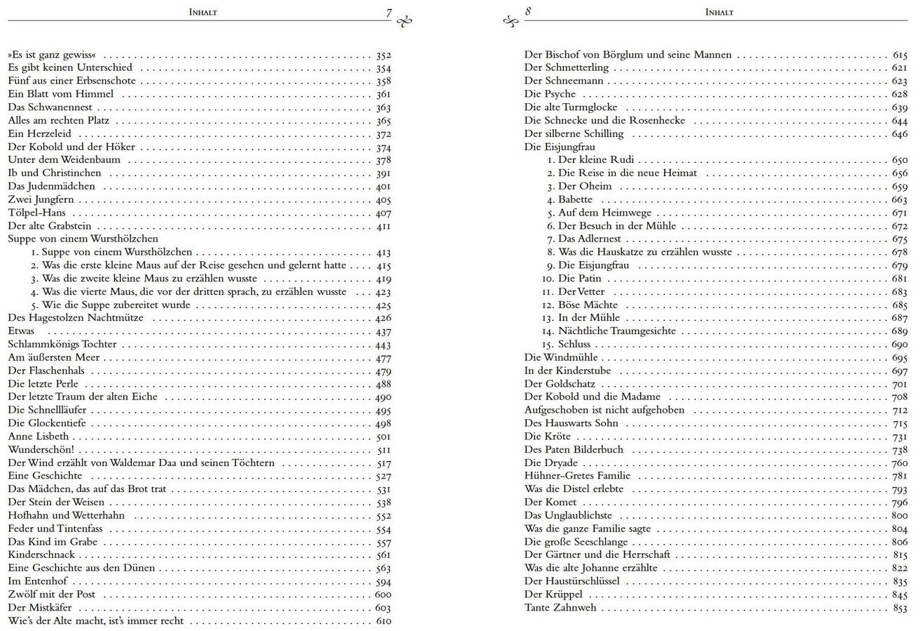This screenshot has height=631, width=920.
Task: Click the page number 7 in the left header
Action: tap(388, 13)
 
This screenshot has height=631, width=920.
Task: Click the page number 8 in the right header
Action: tap(528, 12)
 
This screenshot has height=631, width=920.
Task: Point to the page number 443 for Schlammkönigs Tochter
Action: tap(383, 345)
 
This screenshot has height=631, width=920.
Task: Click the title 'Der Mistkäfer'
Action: tap(39, 607)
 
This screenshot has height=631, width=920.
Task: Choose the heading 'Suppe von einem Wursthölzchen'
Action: tap(82, 239)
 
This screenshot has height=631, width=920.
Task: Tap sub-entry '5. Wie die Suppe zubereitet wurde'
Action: tap(110, 305)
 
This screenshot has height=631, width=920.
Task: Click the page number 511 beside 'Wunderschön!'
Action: tap(384, 450)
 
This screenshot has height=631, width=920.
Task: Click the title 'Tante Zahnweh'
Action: tap(560, 607)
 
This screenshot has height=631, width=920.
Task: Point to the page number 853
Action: tap(900, 608)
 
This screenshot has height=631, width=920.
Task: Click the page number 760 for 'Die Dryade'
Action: tap(900, 463)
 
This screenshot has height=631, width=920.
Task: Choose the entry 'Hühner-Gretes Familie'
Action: tap(577, 476)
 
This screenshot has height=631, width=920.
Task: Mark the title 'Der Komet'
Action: tap(550, 502)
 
